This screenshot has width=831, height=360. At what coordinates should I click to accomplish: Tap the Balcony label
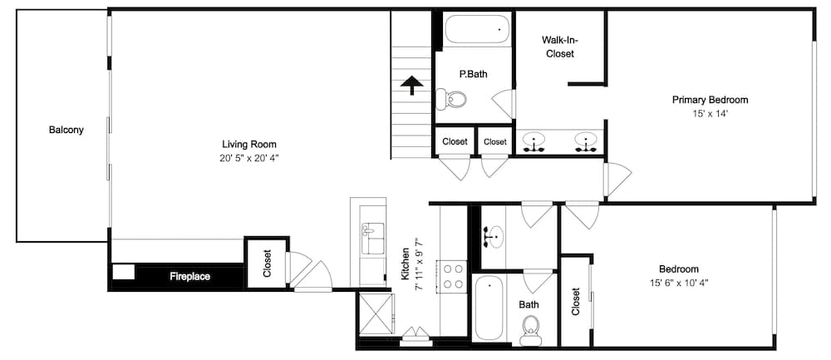tap(66, 130)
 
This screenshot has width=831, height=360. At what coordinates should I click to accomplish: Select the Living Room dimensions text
tap(249, 157)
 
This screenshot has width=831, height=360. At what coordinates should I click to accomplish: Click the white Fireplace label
tap(189, 276)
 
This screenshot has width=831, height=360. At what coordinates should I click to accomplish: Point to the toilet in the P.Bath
tap(451, 98)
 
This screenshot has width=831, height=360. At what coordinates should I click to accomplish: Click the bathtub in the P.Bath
tap(477, 30)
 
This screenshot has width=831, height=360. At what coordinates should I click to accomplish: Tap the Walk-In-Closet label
tap(558, 47)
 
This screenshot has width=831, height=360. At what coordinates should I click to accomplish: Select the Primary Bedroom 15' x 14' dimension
tap(711, 113)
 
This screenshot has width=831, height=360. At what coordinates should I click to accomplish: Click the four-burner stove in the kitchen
tap(451, 276)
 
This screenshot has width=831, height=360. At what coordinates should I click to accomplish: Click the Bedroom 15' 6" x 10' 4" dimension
tap(679, 283)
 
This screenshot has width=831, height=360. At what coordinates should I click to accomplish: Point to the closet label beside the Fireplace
tap(267, 264)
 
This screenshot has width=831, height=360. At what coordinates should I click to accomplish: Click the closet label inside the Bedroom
tap(576, 302)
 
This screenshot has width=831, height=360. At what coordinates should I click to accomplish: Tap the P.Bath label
tap(474, 74)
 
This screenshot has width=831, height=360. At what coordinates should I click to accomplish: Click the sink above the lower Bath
tap(492, 236)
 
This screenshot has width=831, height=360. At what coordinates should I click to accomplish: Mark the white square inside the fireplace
tap(124, 272)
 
